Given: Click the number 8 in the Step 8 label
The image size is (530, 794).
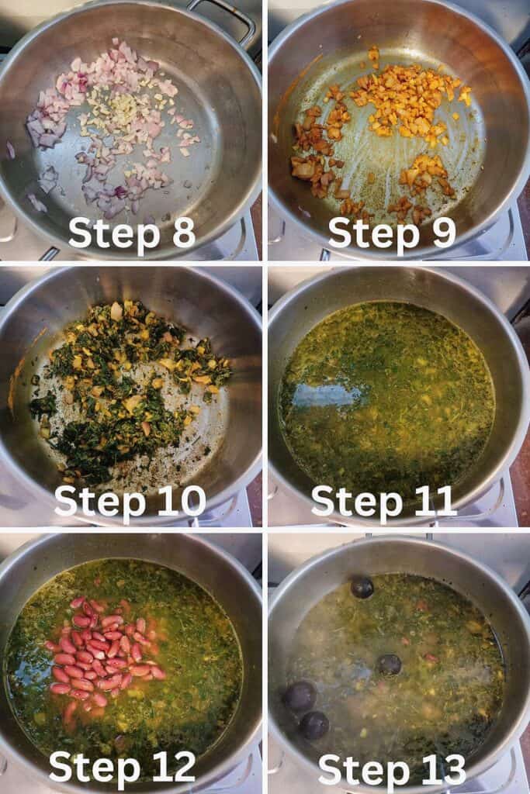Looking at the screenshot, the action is coord(183,233).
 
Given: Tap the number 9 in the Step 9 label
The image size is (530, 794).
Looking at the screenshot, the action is coord(443,233).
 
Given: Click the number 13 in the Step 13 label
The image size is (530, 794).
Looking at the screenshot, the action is coord(443,769).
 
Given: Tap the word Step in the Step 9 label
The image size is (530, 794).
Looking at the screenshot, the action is coord(374,234).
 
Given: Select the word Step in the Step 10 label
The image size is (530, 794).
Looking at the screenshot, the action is coord(100,502).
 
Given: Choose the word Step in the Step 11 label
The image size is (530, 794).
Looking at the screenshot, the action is coord(357,502).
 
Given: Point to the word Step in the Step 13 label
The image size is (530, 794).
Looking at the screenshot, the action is coord(364,771).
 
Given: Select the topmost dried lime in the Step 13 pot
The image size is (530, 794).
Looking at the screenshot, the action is coord(362,588).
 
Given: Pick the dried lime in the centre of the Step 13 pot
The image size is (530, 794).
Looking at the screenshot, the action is coord(389,665).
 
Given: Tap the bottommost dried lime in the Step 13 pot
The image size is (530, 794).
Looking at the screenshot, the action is coord(314,725).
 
